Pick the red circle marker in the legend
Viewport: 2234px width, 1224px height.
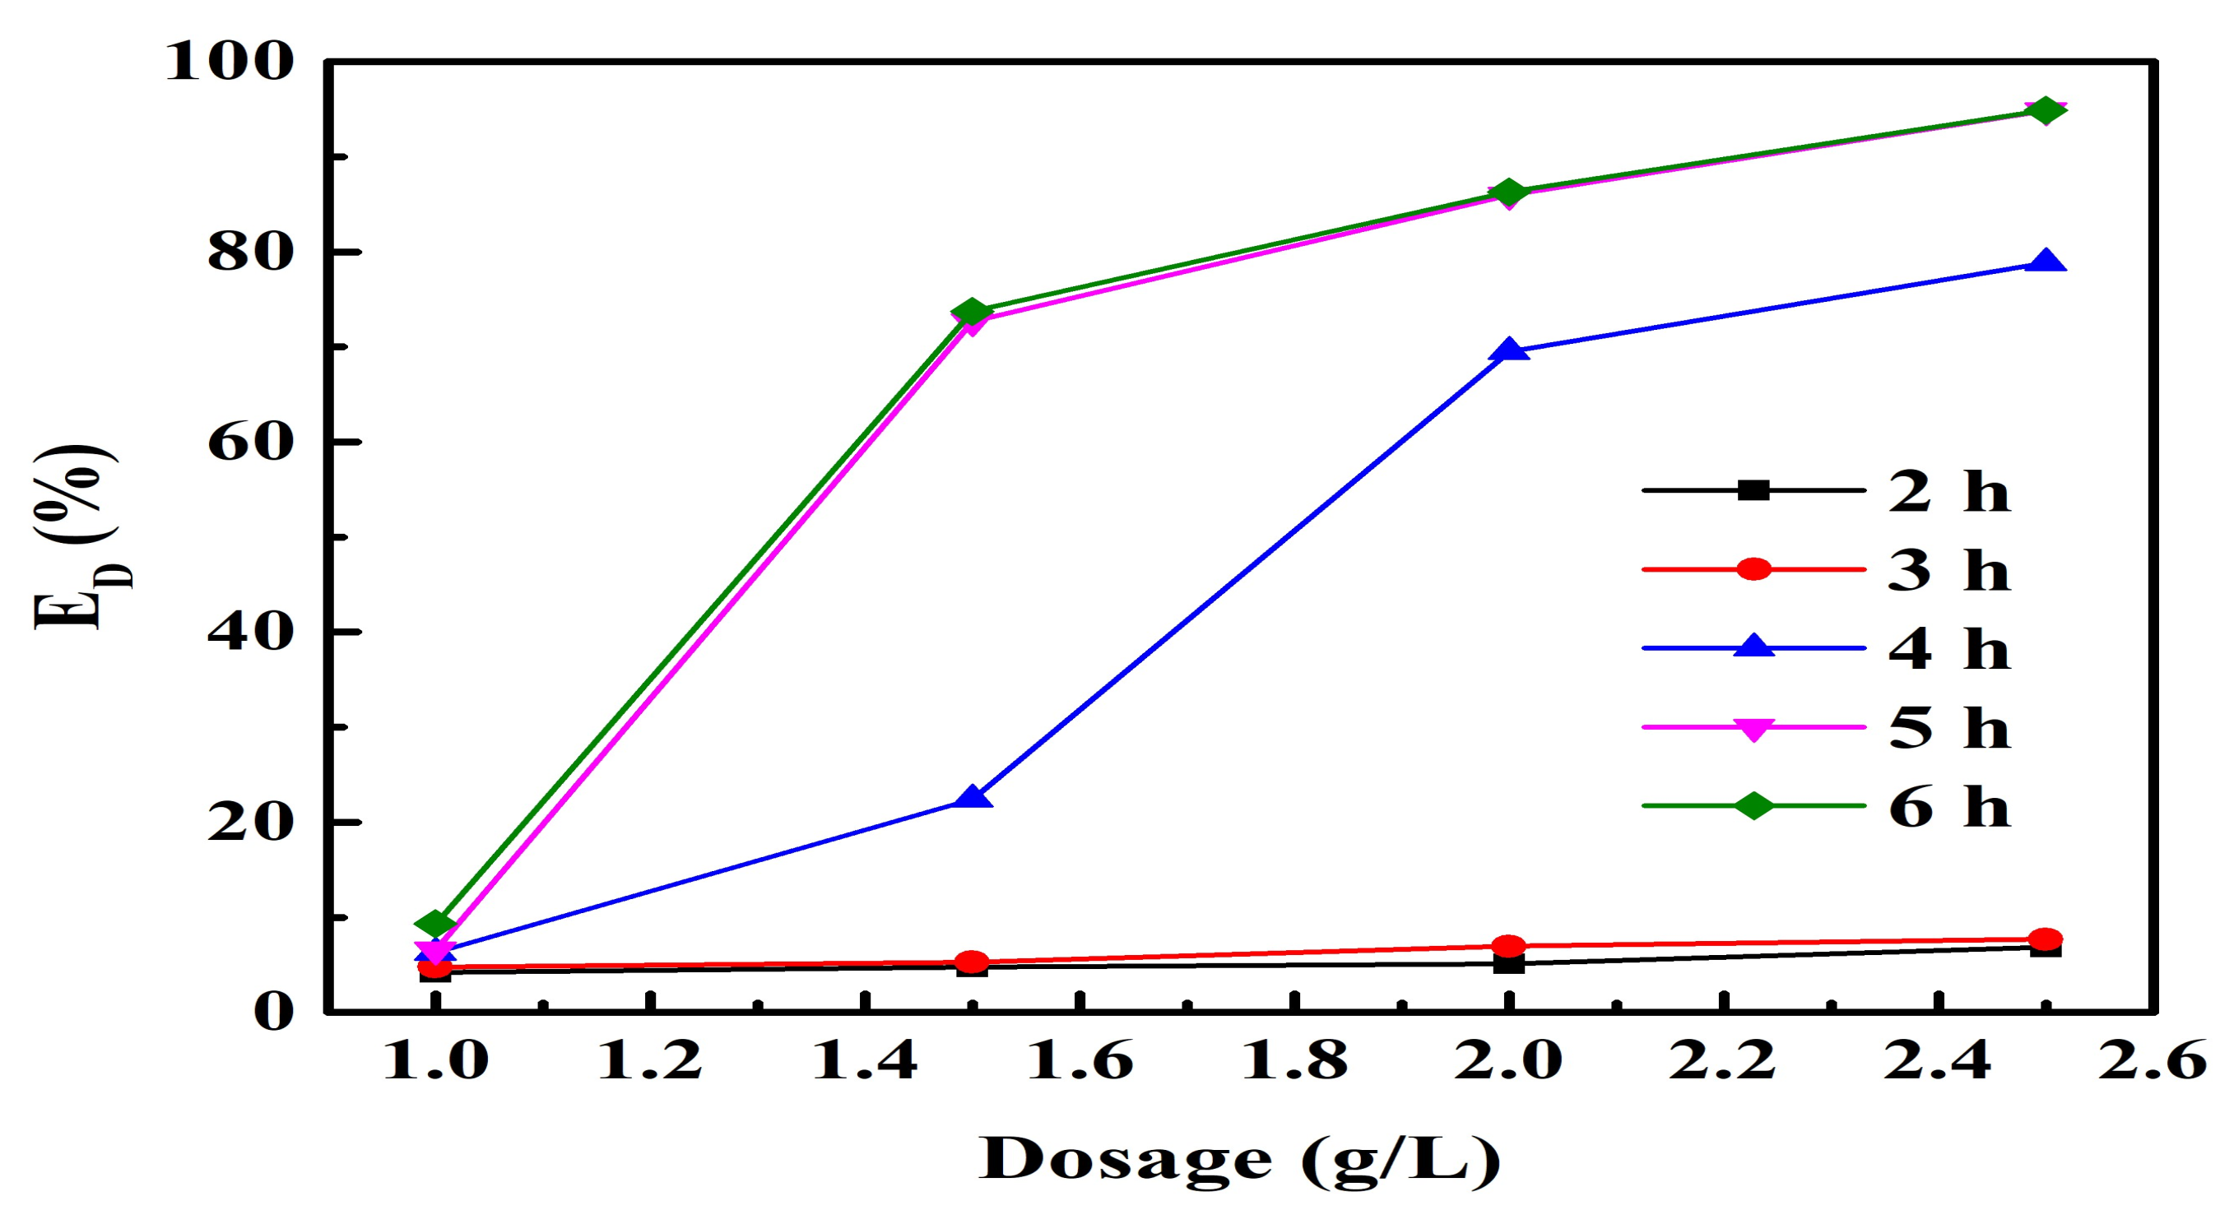point(1753,569)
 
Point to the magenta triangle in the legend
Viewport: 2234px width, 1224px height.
point(1753,728)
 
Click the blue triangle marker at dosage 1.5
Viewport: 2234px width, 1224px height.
point(972,798)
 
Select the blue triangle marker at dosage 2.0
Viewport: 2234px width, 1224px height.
point(1509,350)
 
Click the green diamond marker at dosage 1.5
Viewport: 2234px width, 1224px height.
point(972,312)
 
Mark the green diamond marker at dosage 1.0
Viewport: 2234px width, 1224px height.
point(435,923)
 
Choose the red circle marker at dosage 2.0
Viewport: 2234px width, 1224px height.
point(1509,946)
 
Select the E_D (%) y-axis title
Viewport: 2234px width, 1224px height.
point(77,537)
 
